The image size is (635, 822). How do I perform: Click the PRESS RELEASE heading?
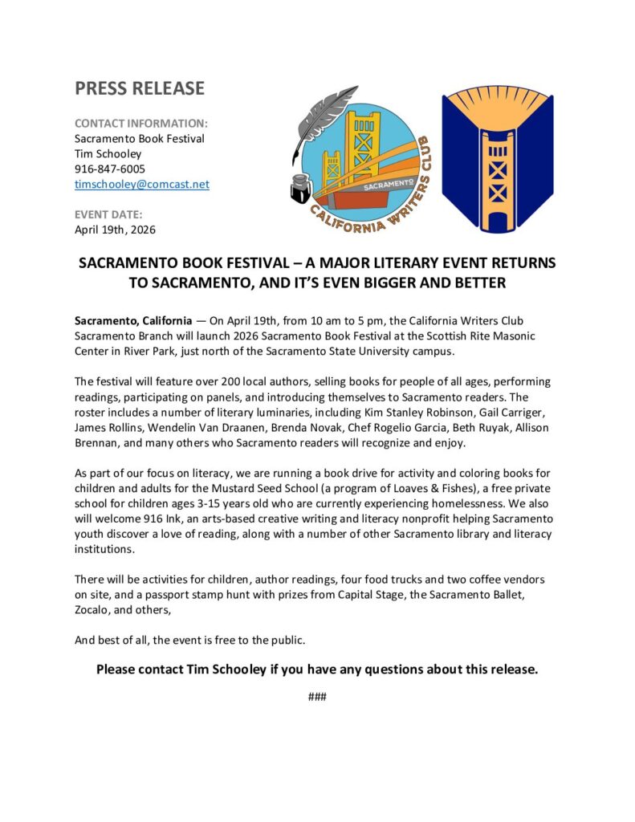pyautogui.click(x=140, y=88)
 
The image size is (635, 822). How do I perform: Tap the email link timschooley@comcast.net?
pyautogui.click(x=142, y=184)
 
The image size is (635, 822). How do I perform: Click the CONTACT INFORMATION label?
pyautogui.click(x=141, y=124)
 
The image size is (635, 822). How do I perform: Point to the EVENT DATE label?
pyautogui.click(x=108, y=214)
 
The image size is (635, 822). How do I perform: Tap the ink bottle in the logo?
pyautogui.click(x=302, y=186)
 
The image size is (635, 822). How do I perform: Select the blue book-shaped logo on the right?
pyautogui.click(x=498, y=157)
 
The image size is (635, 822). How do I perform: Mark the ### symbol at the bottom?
pyautogui.click(x=317, y=696)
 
